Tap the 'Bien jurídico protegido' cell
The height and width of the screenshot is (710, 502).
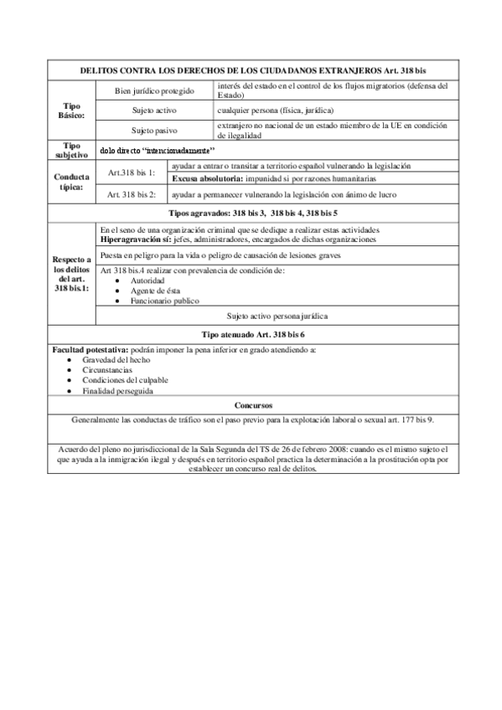coord(154,90)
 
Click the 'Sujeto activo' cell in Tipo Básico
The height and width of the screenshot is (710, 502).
coord(154,111)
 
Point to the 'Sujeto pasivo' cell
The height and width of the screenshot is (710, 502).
coord(154,131)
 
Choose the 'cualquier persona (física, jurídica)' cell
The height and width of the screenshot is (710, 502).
coord(276,111)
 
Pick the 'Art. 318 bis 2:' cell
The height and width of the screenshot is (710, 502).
coord(132,194)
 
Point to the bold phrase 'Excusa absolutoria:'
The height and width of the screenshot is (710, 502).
coord(207,179)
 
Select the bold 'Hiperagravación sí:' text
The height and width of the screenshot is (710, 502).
coord(133,239)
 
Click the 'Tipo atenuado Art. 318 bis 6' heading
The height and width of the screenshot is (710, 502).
coord(252,333)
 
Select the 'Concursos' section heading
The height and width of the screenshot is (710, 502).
coord(252,404)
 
